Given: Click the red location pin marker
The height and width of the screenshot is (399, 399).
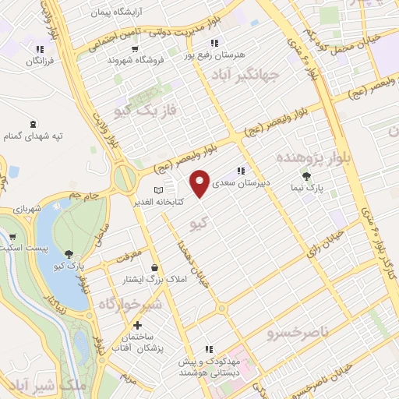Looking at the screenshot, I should [200, 182].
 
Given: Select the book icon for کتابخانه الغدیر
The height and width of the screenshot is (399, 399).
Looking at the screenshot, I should [159, 189].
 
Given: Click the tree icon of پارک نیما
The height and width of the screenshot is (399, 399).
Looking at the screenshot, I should [306, 176].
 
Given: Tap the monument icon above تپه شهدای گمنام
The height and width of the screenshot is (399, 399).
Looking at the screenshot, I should [33, 124].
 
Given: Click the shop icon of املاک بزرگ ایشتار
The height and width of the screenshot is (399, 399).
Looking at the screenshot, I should [154, 267].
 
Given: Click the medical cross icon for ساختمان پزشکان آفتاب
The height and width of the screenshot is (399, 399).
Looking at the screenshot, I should [138, 324].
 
